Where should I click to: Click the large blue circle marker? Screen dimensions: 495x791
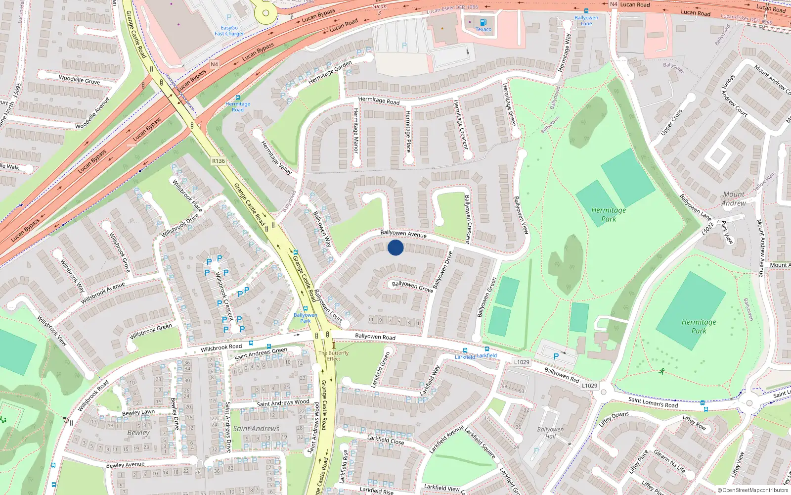click(x=395, y=247)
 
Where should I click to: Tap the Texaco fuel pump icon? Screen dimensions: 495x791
click(x=483, y=22)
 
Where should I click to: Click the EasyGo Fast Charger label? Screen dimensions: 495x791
click(x=229, y=31)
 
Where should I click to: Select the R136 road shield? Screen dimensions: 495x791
click(x=218, y=161)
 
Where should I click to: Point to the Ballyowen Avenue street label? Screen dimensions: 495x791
click(x=403, y=233)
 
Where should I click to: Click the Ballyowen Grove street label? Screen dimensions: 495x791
click(x=412, y=286)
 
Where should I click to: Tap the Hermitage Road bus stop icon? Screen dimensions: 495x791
click(x=238, y=98)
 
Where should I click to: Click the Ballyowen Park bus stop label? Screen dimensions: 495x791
click(x=306, y=318)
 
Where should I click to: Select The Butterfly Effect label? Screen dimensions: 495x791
click(x=334, y=356)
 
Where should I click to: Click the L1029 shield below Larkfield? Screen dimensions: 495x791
click(x=522, y=362)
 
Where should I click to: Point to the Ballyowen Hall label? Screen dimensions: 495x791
click(x=550, y=433)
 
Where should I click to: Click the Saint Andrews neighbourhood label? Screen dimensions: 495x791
click(x=256, y=429)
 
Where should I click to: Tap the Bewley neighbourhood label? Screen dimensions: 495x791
click(x=138, y=433)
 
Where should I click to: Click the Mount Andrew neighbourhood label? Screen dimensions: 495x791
click(x=734, y=198)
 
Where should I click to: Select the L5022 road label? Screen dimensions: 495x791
click(x=707, y=228)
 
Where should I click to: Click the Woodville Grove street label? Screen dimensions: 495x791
click(x=79, y=80)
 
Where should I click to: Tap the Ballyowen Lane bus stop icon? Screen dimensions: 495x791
click(x=586, y=11)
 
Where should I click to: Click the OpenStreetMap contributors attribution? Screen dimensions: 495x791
click(x=752, y=491)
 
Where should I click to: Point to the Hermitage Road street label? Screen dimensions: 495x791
click(x=379, y=100)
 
